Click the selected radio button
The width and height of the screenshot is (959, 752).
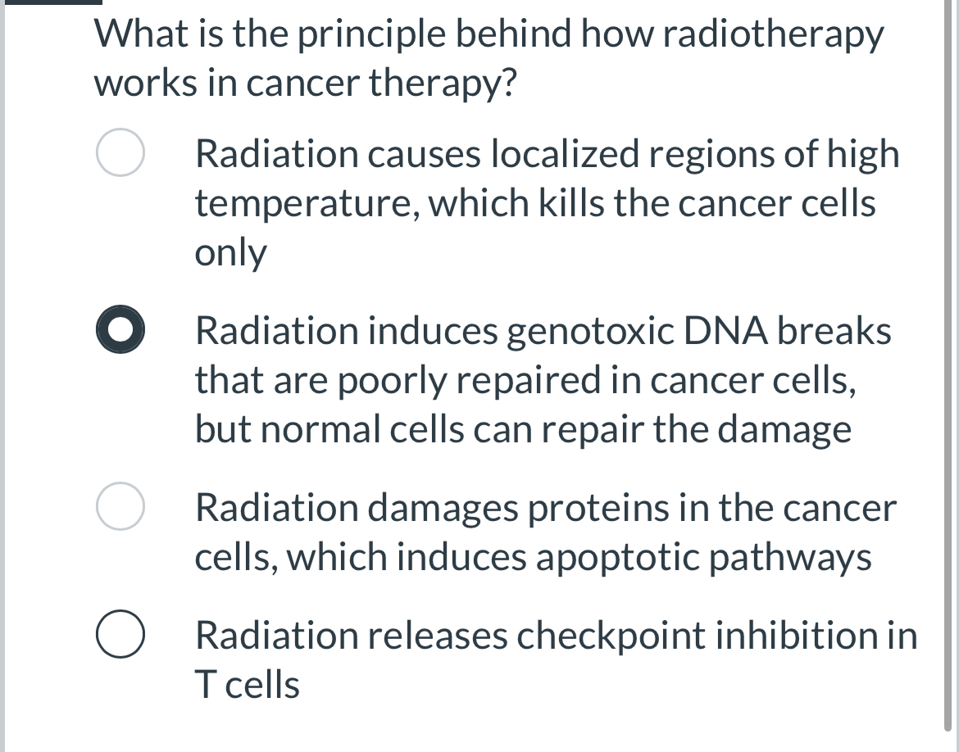(121, 331)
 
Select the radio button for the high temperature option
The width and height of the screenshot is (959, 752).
(121, 153)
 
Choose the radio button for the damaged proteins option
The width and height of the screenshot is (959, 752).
(121, 508)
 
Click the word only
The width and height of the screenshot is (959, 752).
(230, 253)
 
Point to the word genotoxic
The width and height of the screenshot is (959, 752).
(588, 331)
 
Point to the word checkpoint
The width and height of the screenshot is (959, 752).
(607, 636)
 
